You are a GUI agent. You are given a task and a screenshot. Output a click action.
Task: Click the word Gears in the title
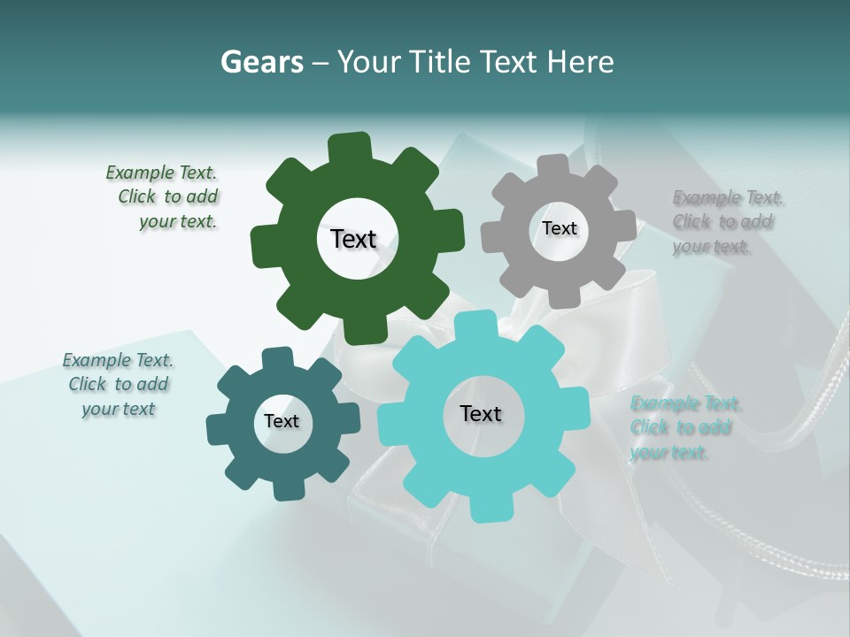pos(261,62)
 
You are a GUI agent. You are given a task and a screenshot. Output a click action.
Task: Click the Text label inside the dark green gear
pos(353,239)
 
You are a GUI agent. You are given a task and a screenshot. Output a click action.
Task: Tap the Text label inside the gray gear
pos(559,228)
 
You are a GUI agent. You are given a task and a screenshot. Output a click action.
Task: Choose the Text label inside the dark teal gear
pos(281,421)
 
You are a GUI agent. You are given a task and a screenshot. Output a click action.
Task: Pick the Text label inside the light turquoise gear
pos(481,413)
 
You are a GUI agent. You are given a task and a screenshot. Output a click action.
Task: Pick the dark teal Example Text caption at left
pos(119,384)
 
